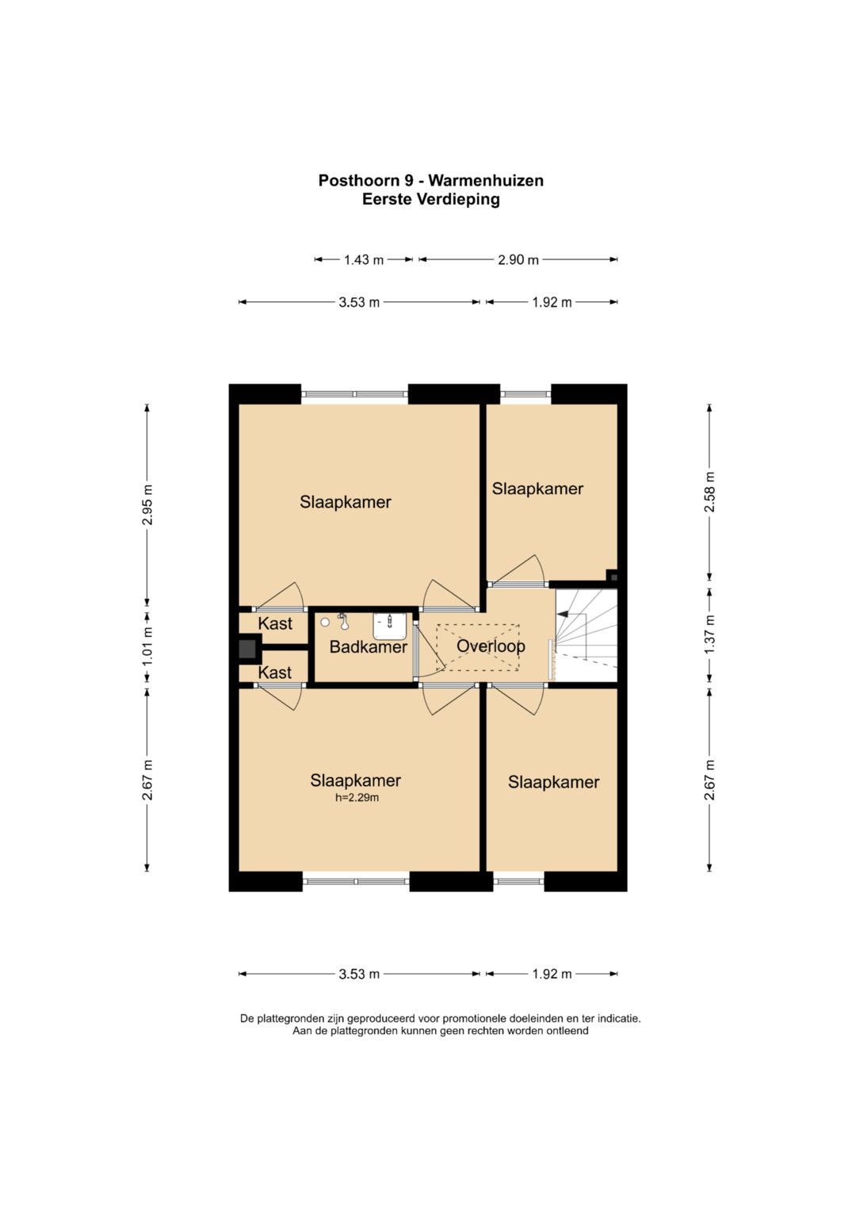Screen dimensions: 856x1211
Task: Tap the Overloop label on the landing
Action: click(x=490, y=646)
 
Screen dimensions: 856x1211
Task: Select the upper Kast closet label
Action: click(x=274, y=623)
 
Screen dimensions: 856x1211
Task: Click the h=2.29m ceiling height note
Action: click(x=357, y=798)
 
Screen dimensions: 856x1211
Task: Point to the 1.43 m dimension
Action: click(x=364, y=260)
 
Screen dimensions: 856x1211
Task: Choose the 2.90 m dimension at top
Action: click(x=518, y=260)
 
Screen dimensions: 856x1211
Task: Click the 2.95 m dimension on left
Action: click(x=147, y=504)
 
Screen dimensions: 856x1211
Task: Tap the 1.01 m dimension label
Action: click(x=147, y=647)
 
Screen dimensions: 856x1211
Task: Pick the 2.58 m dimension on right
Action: click(x=709, y=492)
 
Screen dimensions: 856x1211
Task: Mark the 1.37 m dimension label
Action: click(x=709, y=634)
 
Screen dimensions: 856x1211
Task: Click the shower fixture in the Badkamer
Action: click(x=342, y=621)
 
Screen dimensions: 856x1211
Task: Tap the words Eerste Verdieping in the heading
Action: click(x=430, y=200)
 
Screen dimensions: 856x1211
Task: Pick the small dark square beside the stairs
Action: click(x=613, y=577)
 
